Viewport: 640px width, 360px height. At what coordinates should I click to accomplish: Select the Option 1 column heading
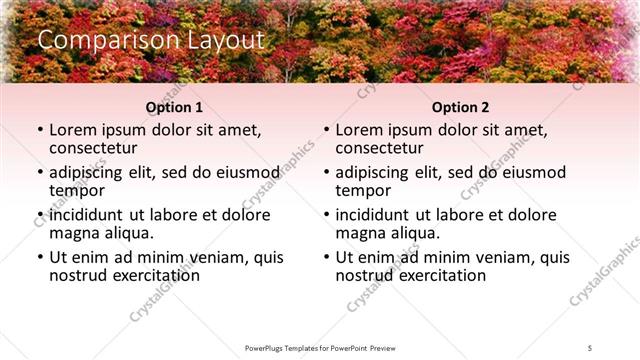click(x=174, y=107)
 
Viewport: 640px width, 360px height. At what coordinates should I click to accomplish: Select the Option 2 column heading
click(x=460, y=107)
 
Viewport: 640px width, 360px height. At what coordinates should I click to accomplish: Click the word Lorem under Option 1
click(x=72, y=129)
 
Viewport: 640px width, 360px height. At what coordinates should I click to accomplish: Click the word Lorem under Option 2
click(x=358, y=129)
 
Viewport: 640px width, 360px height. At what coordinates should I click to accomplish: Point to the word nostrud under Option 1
click(x=78, y=275)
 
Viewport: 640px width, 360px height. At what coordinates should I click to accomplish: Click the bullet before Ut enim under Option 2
click(x=326, y=256)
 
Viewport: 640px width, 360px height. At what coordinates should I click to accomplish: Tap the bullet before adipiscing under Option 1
click(x=40, y=171)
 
